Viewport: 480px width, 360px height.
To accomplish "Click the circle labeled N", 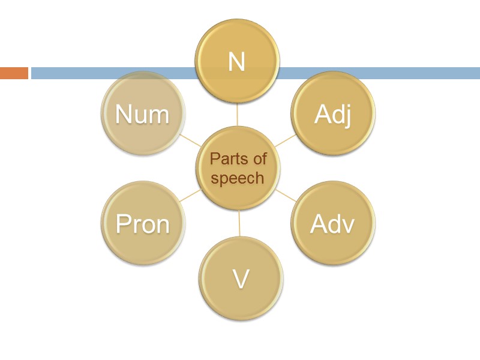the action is click(x=238, y=61).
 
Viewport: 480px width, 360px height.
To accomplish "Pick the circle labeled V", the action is click(x=241, y=278).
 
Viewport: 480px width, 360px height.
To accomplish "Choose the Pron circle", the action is click(x=143, y=224).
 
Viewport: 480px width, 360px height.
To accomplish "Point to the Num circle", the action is click(x=143, y=114).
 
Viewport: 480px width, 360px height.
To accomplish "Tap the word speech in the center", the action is click(x=238, y=178).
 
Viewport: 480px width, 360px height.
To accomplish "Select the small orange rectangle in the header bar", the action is click(x=14, y=73).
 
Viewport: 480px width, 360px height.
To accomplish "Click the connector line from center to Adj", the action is click(x=286, y=140).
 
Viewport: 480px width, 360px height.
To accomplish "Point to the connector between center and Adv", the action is click(x=286, y=196).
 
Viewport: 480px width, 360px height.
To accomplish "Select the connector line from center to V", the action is click(x=239, y=223).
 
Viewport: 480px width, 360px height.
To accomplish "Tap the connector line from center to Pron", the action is click(x=191, y=196).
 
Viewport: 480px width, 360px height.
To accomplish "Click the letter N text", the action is click(x=237, y=62).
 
